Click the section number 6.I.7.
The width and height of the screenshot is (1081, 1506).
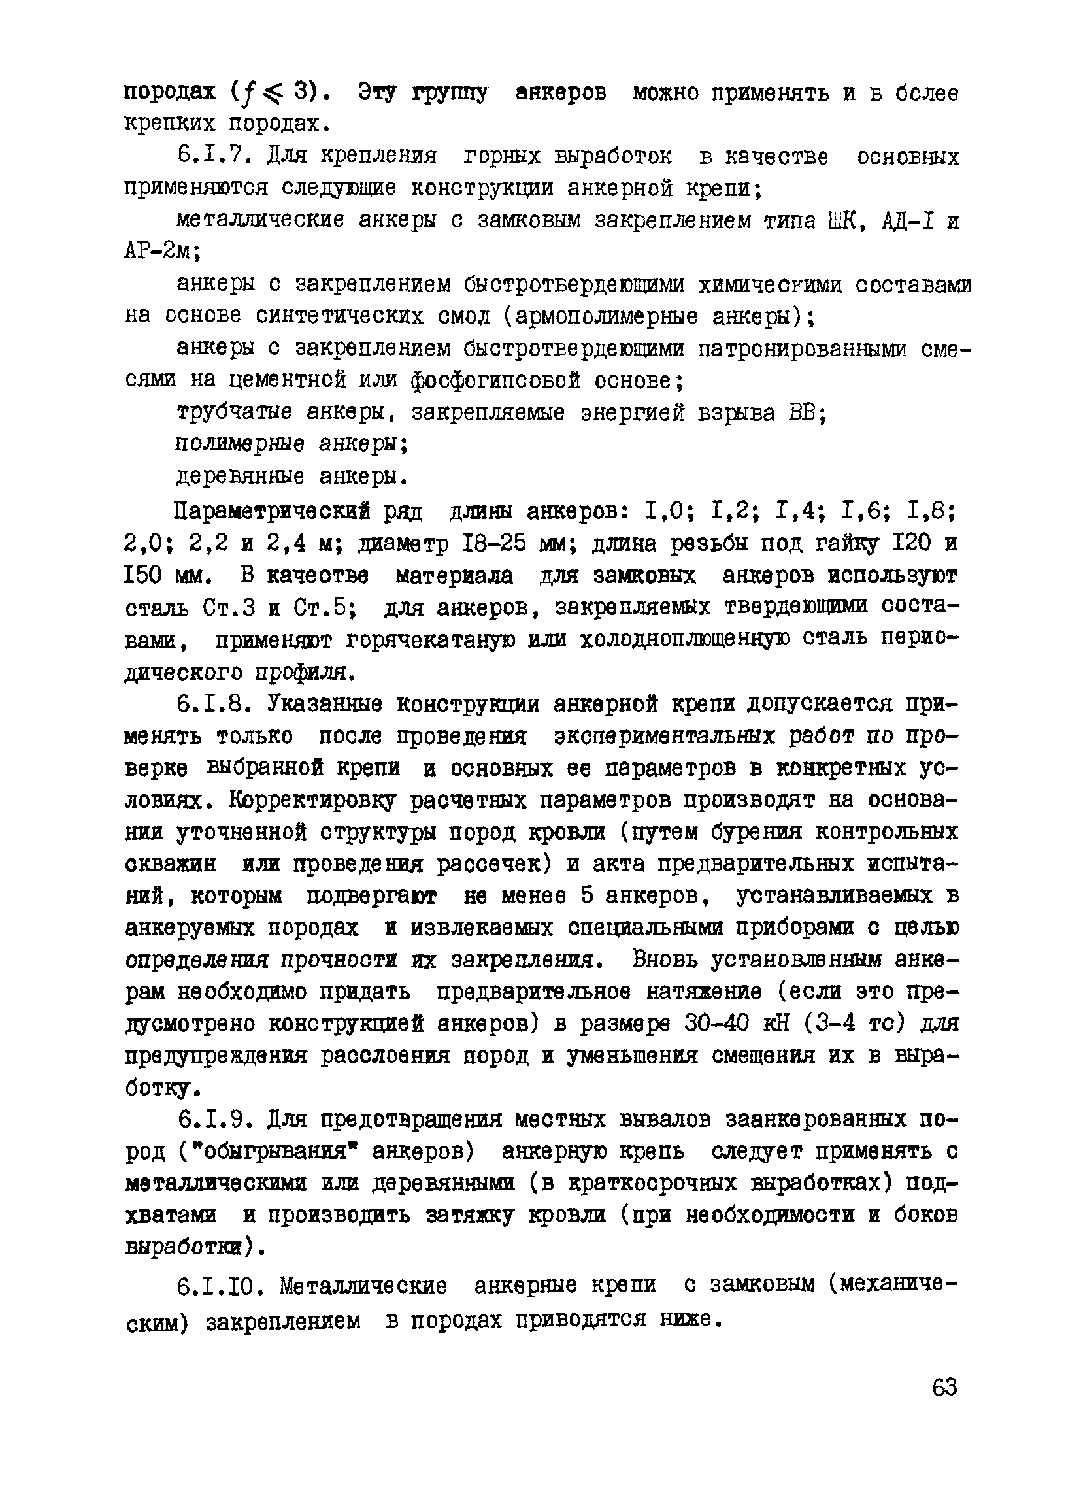[x=216, y=158]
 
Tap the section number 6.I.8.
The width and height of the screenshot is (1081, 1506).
[x=216, y=704]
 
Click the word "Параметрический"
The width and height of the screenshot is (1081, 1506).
[x=271, y=512]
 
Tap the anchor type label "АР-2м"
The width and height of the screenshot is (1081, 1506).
[x=163, y=252]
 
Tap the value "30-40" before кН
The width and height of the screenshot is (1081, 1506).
[x=716, y=1023]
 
